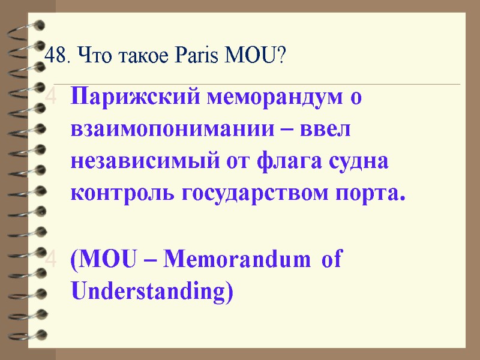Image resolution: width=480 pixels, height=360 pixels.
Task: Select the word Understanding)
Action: click(151, 292)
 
